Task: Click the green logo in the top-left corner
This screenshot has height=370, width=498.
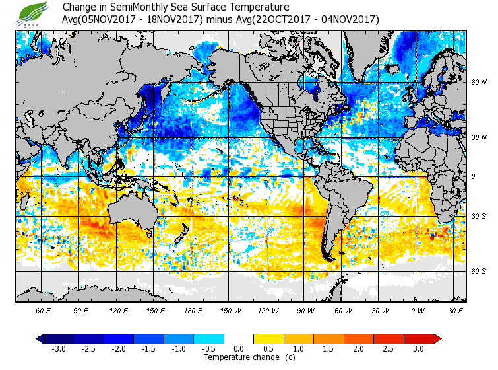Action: click(32, 13)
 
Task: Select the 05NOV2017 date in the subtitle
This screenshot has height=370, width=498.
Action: click(106, 19)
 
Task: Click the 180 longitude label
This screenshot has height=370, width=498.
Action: click(192, 310)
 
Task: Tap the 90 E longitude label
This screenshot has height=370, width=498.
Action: click(81, 310)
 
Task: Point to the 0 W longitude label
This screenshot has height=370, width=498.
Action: click(418, 310)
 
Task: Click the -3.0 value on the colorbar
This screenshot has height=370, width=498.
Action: click(59, 349)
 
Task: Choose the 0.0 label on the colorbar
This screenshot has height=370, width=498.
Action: click(239, 349)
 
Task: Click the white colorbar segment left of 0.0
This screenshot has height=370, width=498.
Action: click(226, 338)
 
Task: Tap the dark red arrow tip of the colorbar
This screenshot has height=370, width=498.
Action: click(437, 338)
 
